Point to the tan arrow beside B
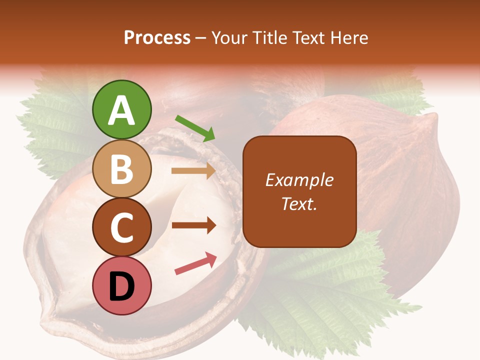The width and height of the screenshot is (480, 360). (x=193, y=170)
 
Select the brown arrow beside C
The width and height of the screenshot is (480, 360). (x=193, y=225)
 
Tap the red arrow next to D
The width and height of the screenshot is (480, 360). (x=195, y=263)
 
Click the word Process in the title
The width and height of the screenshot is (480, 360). (x=157, y=38)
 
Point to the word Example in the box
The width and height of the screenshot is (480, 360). (x=299, y=180)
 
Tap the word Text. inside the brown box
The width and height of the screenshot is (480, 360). (x=299, y=203)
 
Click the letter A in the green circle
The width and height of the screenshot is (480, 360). (x=121, y=111)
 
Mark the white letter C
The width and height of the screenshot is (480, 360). (x=121, y=228)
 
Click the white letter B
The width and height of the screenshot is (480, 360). (x=121, y=169)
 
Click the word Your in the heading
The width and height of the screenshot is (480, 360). (x=230, y=38)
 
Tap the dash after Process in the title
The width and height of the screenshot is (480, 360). (x=201, y=38)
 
